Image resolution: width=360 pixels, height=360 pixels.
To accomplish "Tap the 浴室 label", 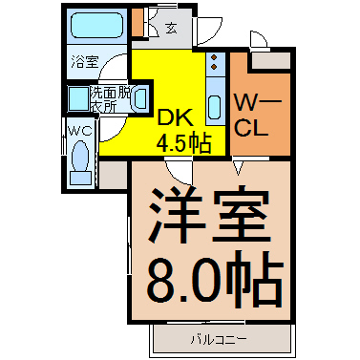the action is pyautogui.click(x=85, y=61).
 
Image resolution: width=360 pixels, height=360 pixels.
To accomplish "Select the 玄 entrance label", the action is pyautogui.click(x=171, y=29).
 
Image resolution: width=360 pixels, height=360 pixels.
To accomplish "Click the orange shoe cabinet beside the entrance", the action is pyautogui.click(x=138, y=22).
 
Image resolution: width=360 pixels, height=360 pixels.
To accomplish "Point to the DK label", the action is pyautogui.click(x=176, y=117).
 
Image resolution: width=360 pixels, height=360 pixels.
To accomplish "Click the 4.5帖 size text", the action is pyautogui.click(x=183, y=143).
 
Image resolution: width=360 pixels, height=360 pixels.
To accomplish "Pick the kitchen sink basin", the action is pyautogui.click(x=215, y=107).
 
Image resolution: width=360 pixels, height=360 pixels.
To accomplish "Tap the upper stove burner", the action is pyautogui.click(x=214, y=57).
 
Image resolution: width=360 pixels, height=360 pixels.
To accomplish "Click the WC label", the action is pyautogui.click(x=80, y=131).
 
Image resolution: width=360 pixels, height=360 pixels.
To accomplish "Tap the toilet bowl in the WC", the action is pyautogui.click(x=80, y=156).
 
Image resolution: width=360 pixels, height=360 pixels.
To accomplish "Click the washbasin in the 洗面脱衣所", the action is pyautogui.click(x=140, y=99).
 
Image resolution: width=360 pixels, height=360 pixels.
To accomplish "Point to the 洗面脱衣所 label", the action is pyautogui.click(x=110, y=99).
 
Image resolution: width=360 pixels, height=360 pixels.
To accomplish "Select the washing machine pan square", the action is pyautogui.click(x=78, y=98).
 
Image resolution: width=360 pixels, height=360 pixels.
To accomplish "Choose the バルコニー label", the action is pyautogui.click(x=219, y=340).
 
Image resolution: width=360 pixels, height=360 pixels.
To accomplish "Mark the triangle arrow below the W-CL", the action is pyautogui.click(x=239, y=168).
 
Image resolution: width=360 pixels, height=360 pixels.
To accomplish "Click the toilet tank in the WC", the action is pyautogui.click(x=80, y=178).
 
